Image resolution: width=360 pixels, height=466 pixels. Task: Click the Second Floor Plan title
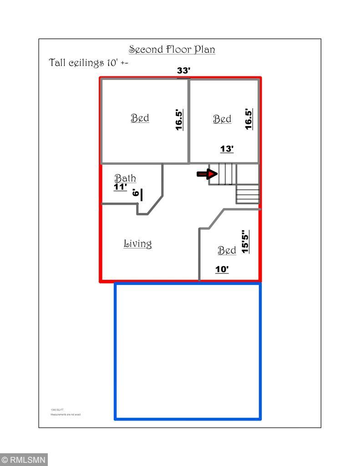click(x=172, y=49)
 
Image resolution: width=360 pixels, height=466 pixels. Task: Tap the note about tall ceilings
click(x=88, y=63)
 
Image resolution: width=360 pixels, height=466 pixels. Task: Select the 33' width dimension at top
click(x=183, y=71)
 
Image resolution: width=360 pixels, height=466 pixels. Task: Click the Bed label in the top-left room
click(x=140, y=118)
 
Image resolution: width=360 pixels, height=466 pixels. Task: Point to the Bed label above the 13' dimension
click(x=222, y=119)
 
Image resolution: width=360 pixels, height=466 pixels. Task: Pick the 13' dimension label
click(x=227, y=149)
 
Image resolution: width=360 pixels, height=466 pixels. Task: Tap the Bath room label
click(x=125, y=178)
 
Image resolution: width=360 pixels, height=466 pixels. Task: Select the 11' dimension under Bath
click(x=120, y=187)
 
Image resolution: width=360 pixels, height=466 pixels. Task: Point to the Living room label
click(x=137, y=244)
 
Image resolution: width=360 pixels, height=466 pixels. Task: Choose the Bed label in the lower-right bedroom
click(x=227, y=251)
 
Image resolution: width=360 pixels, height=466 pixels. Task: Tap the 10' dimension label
click(x=222, y=270)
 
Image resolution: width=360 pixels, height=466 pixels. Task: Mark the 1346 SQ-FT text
click(x=56, y=410)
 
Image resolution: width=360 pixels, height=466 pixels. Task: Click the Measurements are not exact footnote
click(x=66, y=415)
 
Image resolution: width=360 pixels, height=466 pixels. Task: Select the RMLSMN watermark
click(x=24, y=460)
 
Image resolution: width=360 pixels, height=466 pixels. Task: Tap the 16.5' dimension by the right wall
click(x=249, y=119)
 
